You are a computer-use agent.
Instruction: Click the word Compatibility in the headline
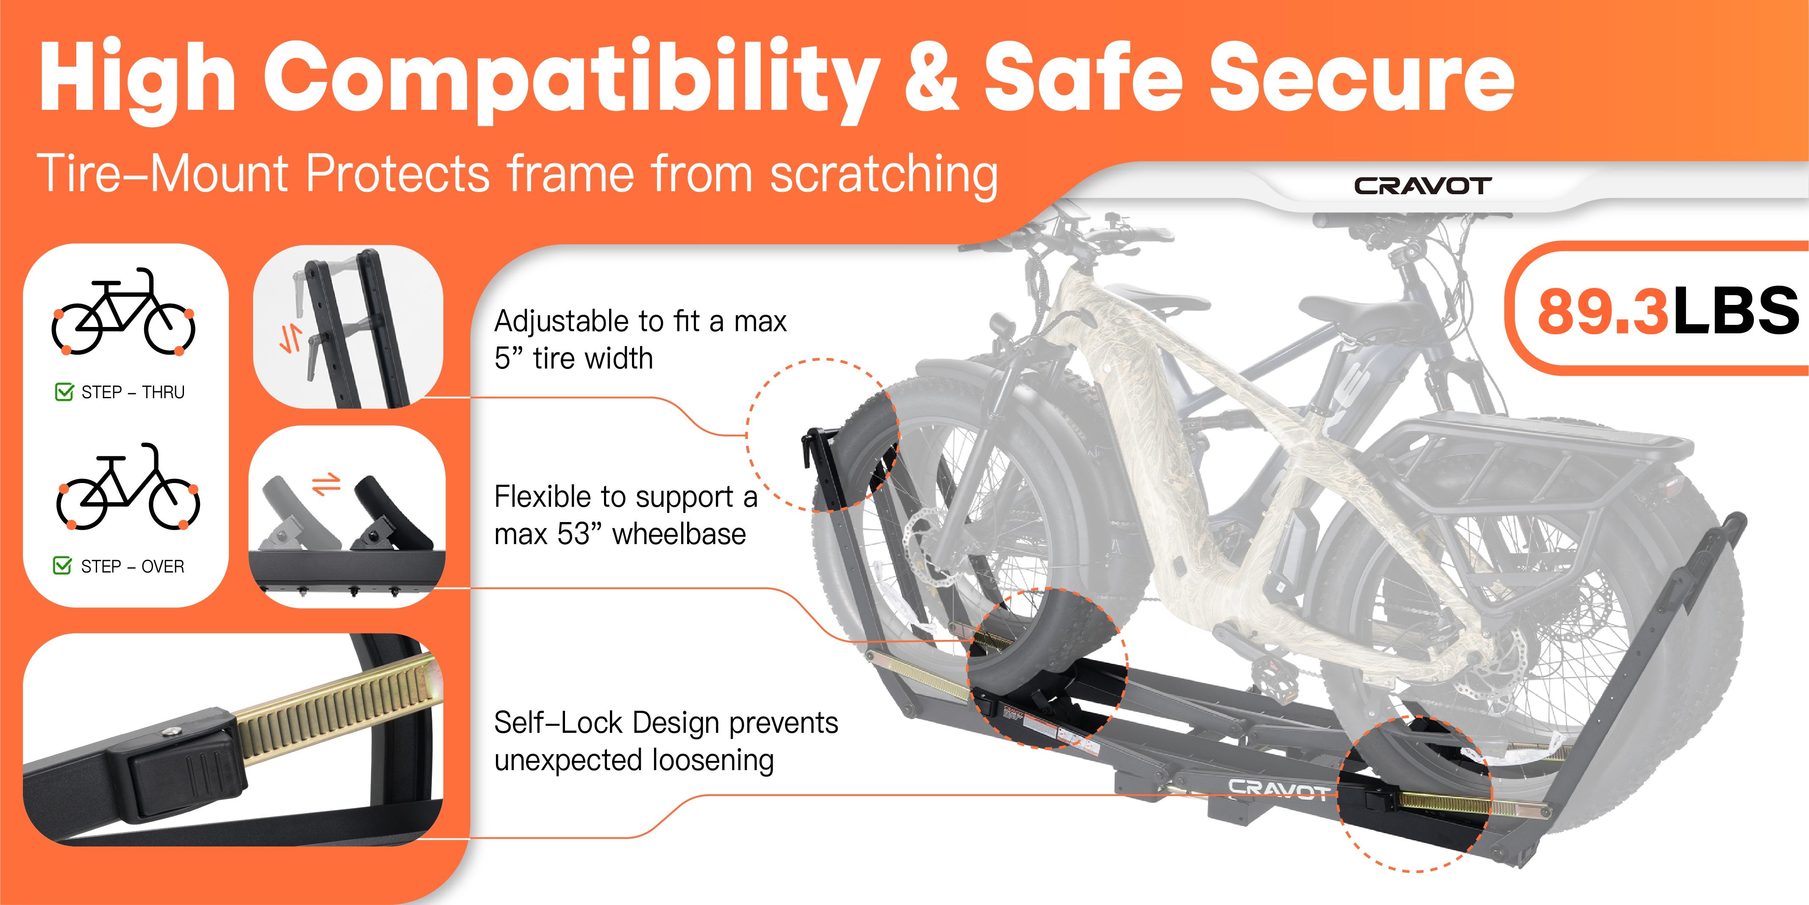click(571, 79)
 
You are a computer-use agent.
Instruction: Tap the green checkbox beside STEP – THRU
click(64, 391)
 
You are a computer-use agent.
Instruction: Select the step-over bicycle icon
click(128, 486)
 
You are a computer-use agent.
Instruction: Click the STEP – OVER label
click(133, 566)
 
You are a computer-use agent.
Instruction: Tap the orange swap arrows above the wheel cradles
click(326, 484)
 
